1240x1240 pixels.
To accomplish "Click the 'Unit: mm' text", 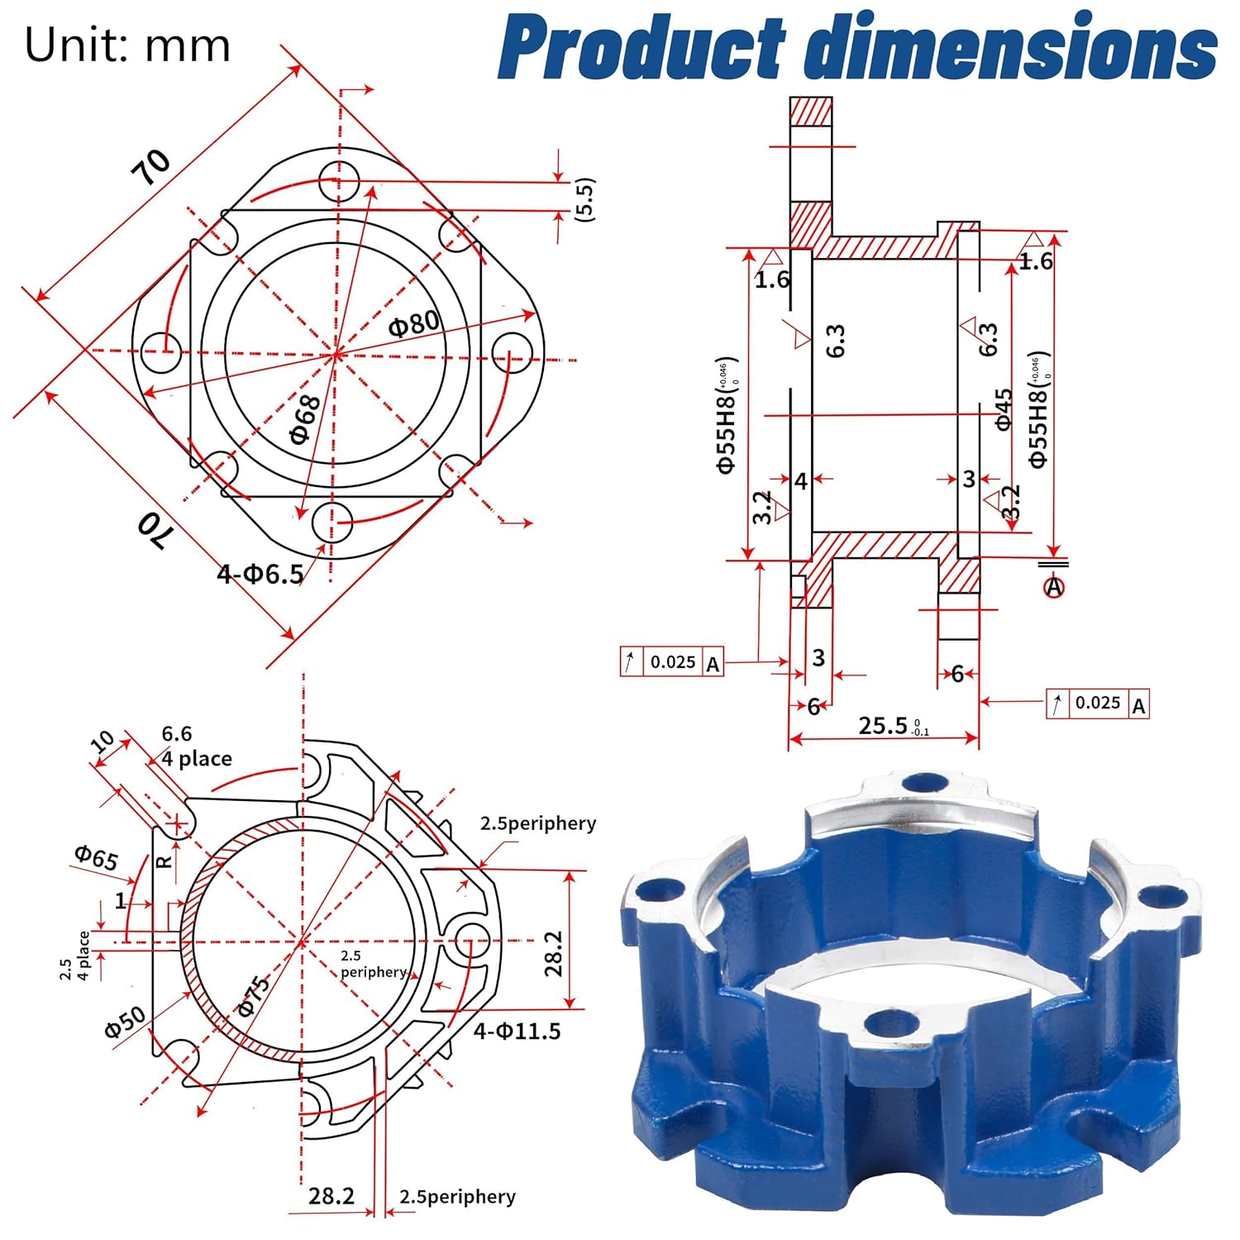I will [127, 45].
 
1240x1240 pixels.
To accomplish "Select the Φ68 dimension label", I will [306, 419].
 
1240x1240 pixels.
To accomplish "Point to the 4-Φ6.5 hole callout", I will [260, 573].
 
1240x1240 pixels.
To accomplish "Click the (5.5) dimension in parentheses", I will [584, 198].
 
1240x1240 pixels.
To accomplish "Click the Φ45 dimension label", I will [1004, 409].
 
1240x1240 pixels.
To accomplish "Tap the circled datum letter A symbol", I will [1054, 587].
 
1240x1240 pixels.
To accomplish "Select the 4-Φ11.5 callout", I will [517, 1031].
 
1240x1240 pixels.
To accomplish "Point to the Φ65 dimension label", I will [97, 857].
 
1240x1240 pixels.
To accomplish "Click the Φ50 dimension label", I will [126, 1022].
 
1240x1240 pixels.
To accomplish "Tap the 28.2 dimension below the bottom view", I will [331, 1195].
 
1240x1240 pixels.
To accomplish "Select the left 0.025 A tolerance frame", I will [672, 662].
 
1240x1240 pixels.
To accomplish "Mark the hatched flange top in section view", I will [810, 111].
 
